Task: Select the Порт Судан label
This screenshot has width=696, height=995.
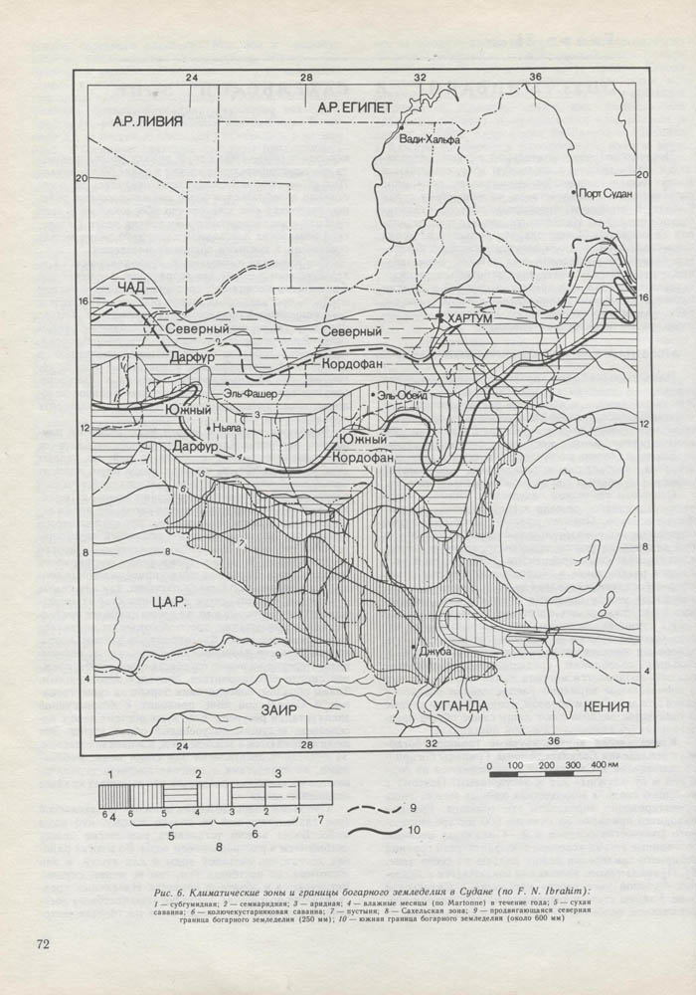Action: [x=606, y=195]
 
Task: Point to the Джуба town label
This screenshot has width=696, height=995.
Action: [x=437, y=652]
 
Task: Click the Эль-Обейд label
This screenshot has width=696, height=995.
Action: [x=401, y=396]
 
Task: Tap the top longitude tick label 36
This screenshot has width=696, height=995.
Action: [x=535, y=77]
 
